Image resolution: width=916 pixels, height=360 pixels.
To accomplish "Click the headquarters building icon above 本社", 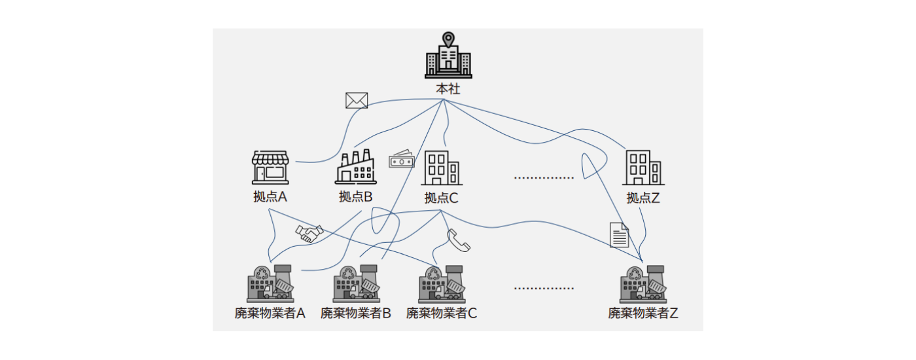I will (448, 57).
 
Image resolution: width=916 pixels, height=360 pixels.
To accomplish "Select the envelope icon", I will (357, 100).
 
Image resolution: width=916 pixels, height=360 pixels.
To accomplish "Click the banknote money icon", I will (402, 160).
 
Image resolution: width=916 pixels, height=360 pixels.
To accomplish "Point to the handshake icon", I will (309, 234).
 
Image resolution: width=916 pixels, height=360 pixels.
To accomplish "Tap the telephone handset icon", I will (459, 240).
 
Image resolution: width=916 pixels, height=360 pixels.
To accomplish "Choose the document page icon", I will (619, 235).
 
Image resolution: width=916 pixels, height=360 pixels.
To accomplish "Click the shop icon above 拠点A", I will (270, 167).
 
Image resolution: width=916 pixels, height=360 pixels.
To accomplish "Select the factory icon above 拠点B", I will (355, 167).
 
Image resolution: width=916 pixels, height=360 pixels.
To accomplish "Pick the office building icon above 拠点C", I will (441, 168).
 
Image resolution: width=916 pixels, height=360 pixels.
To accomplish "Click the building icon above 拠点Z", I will (643, 168).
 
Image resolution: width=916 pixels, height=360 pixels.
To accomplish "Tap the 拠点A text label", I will (270, 197).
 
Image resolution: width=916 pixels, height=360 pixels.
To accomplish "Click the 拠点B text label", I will (355, 197).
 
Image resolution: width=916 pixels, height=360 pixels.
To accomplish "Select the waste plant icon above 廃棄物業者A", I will (270, 283).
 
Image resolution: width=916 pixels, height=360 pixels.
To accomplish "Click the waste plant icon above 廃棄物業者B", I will (356, 283).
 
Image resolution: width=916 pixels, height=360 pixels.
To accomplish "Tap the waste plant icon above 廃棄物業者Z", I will (643, 283).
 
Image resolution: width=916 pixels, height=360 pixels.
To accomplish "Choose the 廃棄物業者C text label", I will (441, 314).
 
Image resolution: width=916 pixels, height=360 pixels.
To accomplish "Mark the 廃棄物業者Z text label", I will (643, 314).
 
